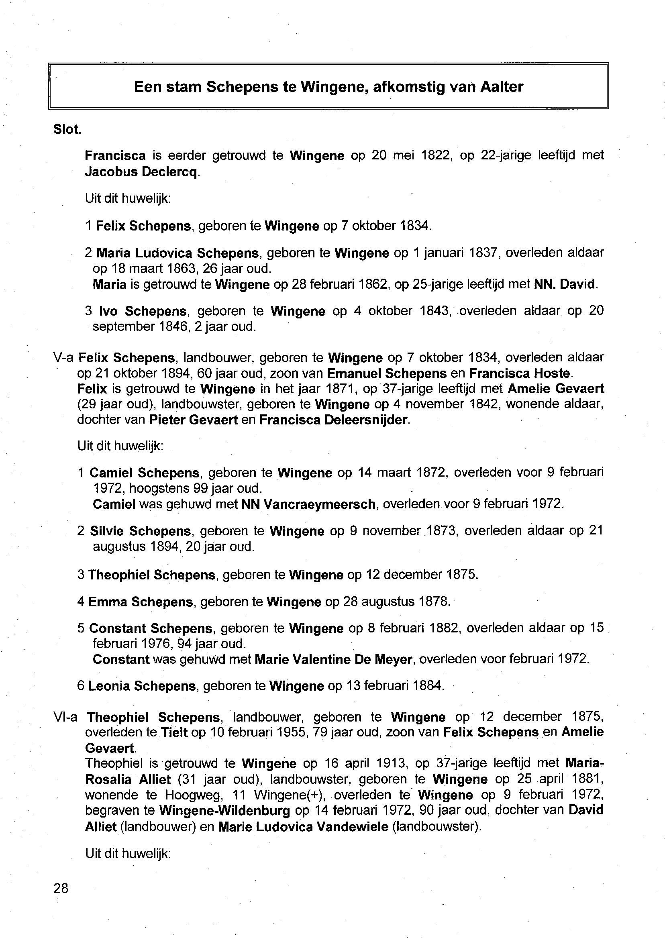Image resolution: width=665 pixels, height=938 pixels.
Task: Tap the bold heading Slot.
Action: [x=67, y=129]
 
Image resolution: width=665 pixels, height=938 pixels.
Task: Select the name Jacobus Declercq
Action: [x=142, y=172]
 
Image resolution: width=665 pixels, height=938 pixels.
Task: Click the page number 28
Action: [x=61, y=888]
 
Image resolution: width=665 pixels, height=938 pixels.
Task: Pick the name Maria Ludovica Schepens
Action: [x=177, y=253]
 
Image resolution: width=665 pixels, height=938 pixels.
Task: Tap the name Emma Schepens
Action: [x=141, y=602]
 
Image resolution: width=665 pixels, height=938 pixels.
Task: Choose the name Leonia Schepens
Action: [x=142, y=686]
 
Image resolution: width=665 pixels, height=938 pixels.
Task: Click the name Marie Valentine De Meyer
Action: [x=333, y=659]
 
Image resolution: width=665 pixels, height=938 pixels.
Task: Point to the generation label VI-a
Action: [x=65, y=717]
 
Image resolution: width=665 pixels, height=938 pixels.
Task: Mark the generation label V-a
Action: [x=63, y=358]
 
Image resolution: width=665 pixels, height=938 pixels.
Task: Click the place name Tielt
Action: [x=174, y=732]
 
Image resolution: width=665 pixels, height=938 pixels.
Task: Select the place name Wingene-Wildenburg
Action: [x=224, y=810]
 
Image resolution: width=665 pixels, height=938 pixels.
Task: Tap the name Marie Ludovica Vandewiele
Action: [x=303, y=826]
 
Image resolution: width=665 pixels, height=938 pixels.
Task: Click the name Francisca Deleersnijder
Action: [x=333, y=420]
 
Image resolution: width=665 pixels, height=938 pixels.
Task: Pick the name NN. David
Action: [x=565, y=284]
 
